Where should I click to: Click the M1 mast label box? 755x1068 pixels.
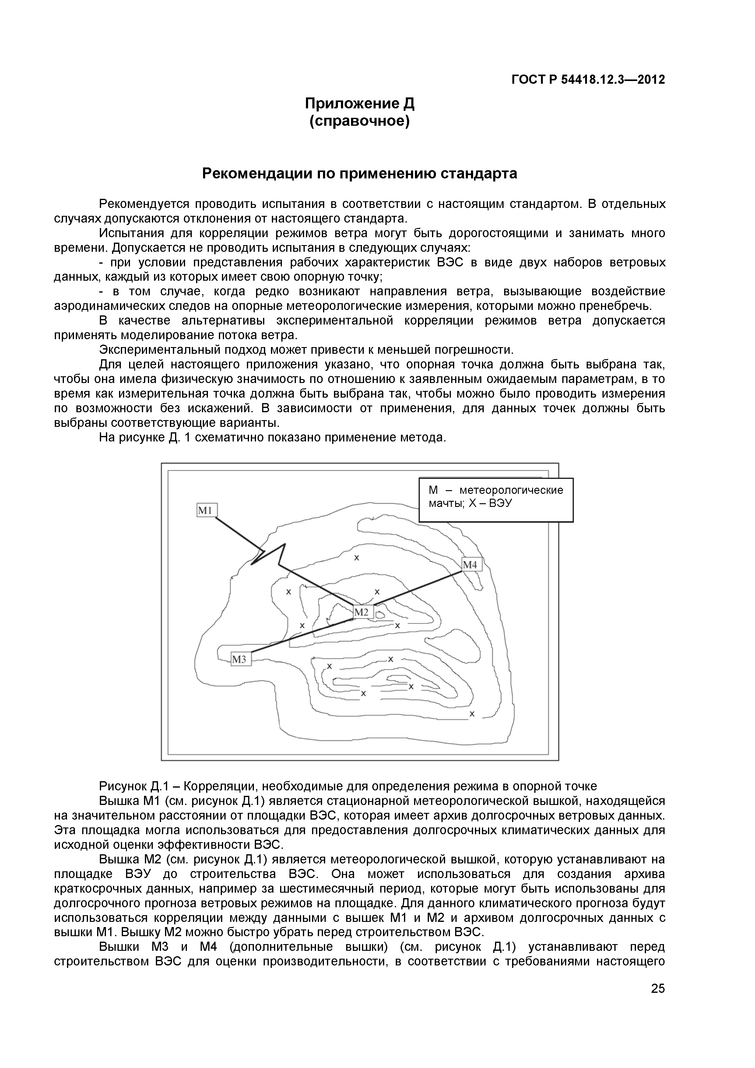click(x=206, y=510)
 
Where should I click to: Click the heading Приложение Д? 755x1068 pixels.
click(x=359, y=103)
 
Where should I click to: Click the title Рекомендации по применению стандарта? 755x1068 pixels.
click(x=359, y=174)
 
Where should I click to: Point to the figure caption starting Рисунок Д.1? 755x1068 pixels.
click(x=347, y=786)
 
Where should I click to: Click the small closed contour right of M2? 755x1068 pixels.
click(x=381, y=615)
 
